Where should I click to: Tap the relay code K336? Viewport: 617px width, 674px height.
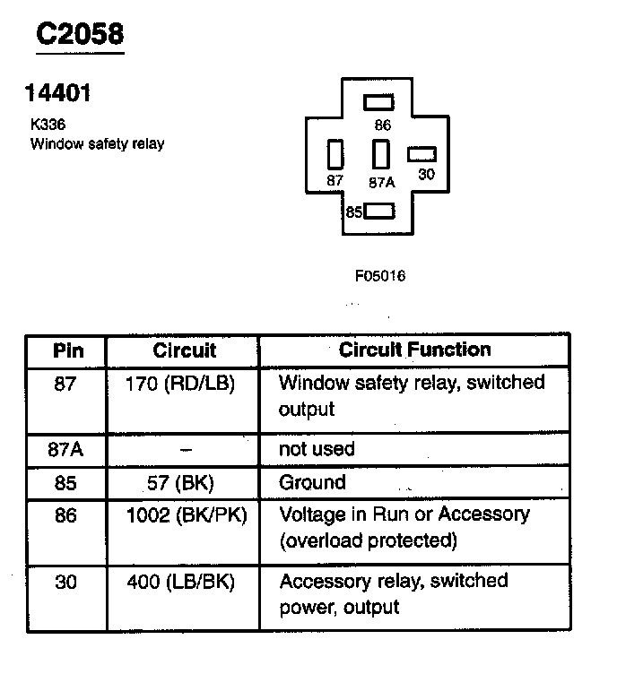click(48, 125)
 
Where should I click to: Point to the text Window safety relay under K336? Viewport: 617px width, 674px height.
click(97, 143)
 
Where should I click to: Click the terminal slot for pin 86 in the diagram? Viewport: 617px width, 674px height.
click(379, 101)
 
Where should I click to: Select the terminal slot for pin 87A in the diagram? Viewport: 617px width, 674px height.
click(381, 154)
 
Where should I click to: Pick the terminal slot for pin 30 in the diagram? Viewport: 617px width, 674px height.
click(421, 154)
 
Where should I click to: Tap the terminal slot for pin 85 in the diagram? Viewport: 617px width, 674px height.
click(380, 212)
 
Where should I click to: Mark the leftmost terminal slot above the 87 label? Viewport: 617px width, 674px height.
click(336, 154)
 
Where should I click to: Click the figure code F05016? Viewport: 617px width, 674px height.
click(380, 276)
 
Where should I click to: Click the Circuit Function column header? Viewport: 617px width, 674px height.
click(414, 350)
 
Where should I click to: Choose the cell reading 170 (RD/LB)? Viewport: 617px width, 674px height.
click(182, 385)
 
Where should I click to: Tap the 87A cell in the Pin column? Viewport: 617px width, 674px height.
click(65, 448)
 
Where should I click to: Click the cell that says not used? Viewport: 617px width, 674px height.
click(317, 448)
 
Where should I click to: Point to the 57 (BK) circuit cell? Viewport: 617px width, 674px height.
click(182, 483)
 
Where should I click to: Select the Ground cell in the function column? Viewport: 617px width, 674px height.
click(312, 482)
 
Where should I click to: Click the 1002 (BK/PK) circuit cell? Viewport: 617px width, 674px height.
click(182, 516)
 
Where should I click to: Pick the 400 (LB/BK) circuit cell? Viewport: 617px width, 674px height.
click(182, 583)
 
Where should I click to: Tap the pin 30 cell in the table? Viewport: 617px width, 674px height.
click(65, 583)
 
